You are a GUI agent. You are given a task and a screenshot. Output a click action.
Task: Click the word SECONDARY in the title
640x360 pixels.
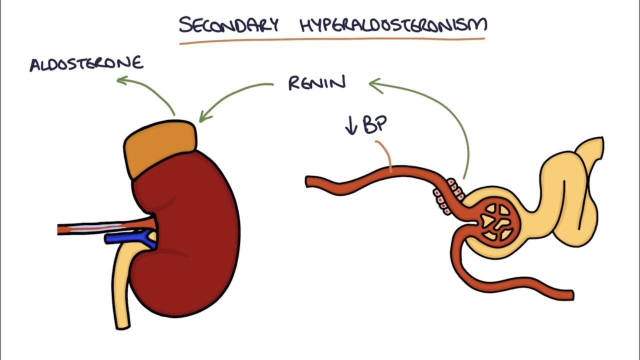[x=228, y=25]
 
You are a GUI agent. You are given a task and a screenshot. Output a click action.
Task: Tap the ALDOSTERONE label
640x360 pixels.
[x=86, y=64]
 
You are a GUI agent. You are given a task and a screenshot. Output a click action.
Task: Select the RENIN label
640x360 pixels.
[x=316, y=83]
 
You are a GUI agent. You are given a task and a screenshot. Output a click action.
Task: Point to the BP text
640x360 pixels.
[x=374, y=125]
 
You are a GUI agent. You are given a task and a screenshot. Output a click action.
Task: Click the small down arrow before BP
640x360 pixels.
[x=351, y=126]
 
